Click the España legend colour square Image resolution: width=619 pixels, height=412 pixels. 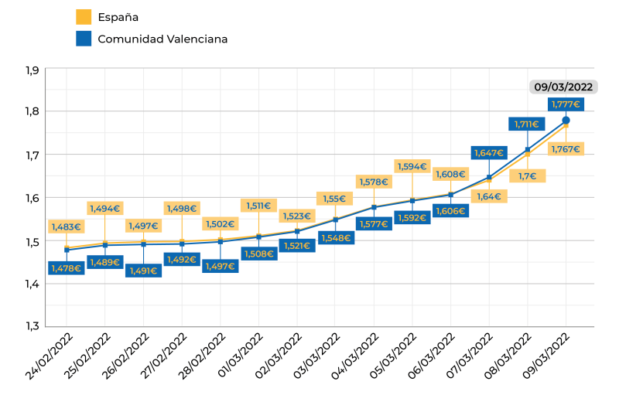84,16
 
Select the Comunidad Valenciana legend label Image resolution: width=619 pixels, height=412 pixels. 162,39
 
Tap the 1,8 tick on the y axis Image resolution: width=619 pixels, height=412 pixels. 32,111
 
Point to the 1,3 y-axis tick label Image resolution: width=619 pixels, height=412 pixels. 32,326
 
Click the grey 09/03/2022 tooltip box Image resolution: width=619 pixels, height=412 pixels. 563,87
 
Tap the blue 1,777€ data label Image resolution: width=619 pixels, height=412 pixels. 566,104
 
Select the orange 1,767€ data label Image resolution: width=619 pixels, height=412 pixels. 566,149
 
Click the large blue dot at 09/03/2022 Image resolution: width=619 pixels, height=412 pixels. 566,121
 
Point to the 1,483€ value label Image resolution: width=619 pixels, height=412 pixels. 66,226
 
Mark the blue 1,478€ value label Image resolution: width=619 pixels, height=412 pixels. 66,268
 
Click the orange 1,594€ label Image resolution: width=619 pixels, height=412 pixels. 412,166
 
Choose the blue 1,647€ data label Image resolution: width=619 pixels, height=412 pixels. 488,153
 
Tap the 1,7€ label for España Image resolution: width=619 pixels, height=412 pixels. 528,176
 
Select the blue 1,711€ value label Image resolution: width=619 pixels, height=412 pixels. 527,124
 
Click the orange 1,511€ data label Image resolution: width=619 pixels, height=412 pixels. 258,206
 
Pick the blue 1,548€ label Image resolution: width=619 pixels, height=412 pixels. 336,237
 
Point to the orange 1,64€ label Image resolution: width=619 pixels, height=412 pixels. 489,196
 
